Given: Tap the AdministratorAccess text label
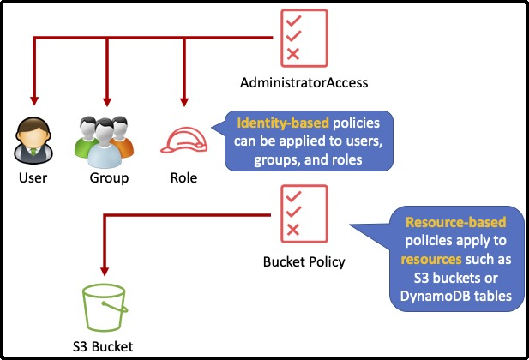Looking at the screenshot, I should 304,83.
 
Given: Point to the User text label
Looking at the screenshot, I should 33,178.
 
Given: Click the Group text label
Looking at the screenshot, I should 109,178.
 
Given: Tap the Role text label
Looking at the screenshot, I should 183,178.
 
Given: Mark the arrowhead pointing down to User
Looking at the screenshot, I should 33,100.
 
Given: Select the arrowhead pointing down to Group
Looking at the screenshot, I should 108,100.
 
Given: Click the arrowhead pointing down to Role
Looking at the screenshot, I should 183,100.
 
